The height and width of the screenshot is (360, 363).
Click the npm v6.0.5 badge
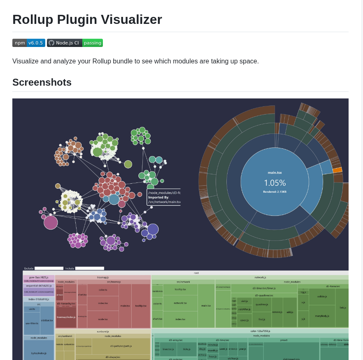28,43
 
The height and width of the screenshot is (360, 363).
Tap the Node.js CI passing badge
74,43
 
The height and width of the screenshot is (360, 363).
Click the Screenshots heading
42,82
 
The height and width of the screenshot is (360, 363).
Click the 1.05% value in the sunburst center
275,183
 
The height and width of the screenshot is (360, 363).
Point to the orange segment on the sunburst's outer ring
337,170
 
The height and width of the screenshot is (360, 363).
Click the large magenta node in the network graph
51,222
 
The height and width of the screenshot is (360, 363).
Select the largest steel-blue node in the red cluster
114,199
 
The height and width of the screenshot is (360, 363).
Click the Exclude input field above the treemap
49,268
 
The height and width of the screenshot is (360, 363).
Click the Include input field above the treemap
89,268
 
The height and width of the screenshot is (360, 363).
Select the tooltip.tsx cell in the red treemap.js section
141,306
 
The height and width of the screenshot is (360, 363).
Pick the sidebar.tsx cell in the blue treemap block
47,320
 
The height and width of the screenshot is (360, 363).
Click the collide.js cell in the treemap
322,296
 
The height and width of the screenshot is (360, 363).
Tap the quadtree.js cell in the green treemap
262,304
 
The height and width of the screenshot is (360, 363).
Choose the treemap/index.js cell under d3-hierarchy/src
66,317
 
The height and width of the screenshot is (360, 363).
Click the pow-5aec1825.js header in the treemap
39,277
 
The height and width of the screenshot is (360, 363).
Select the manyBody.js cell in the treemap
322,316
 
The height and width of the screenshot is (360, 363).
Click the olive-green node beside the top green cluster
128,164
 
